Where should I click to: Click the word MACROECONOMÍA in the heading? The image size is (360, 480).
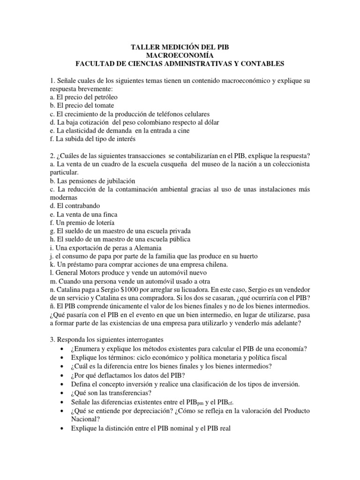(x=180, y=55)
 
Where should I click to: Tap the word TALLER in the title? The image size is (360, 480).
(x=142, y=47)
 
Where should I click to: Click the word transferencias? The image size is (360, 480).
(x=124, y=392)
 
